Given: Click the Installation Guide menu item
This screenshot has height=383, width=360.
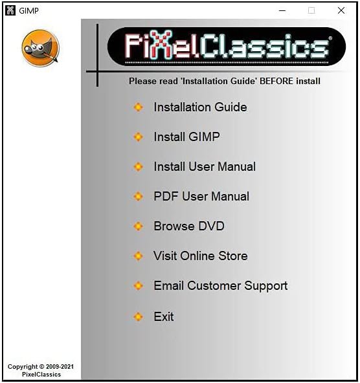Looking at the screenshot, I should point(200,107).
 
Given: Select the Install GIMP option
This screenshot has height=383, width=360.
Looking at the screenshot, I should point(186,137).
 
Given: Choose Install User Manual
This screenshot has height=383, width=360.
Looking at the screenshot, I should point(205,167).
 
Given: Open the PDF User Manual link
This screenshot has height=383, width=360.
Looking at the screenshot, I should point(201,197).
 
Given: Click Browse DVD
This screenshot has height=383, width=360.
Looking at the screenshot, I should point(189,226).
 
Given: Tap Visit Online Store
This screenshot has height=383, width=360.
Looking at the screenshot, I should point(201,256).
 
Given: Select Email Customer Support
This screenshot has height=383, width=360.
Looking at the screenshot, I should point(220,286).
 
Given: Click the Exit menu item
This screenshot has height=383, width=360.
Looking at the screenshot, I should point(164,317).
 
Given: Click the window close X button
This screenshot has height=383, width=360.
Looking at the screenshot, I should point(341,10).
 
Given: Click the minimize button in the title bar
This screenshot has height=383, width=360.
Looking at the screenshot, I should point(282,10).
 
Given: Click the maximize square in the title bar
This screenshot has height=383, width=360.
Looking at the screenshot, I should point(311,10).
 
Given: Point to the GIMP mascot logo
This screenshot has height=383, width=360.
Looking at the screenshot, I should point(40,49).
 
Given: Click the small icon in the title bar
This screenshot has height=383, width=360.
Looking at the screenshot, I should point(10,10).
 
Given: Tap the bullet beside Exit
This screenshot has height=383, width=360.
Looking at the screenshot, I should point(138,317).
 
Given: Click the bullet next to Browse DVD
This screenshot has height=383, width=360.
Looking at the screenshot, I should point(138,226).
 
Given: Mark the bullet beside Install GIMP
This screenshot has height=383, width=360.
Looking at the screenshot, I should point(138,137).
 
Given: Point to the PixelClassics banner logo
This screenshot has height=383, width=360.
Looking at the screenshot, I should point(226,47).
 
